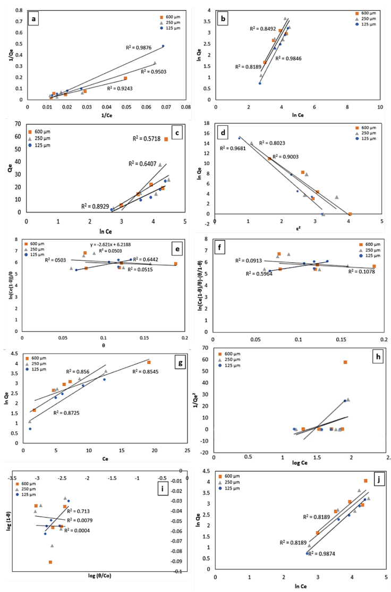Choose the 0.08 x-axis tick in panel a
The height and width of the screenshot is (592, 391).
[185, 106]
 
